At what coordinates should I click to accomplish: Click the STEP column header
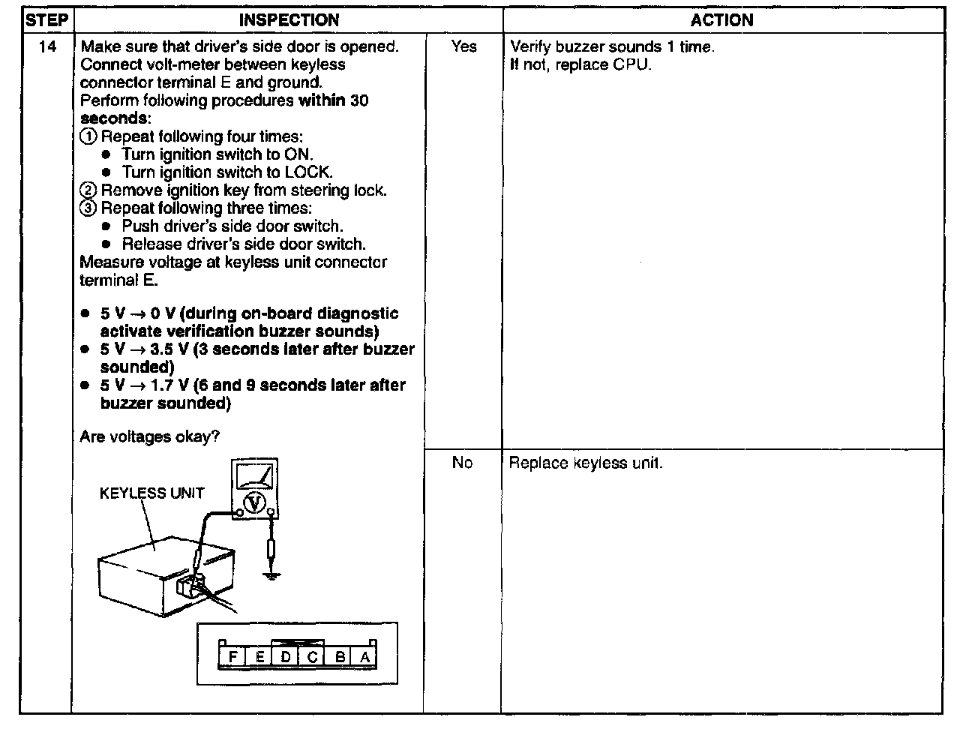46,20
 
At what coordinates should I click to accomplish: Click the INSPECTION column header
289,20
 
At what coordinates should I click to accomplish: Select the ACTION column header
721,20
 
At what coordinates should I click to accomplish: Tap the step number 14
46,46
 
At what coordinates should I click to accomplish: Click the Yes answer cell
463,46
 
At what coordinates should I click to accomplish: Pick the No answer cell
462,463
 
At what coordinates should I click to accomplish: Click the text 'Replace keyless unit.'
586,463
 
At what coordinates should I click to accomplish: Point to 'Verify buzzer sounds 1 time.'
612,46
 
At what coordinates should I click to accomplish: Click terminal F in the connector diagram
232,658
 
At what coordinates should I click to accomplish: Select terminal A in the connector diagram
365,658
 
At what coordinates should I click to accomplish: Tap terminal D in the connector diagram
286,658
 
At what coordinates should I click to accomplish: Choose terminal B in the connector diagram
340,658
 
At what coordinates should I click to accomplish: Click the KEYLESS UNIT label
151,493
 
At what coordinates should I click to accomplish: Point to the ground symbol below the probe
271,574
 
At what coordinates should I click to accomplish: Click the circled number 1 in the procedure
88,136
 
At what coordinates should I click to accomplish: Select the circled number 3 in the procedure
88,208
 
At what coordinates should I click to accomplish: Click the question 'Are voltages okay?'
149,436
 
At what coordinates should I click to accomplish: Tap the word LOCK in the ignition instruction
307,172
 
